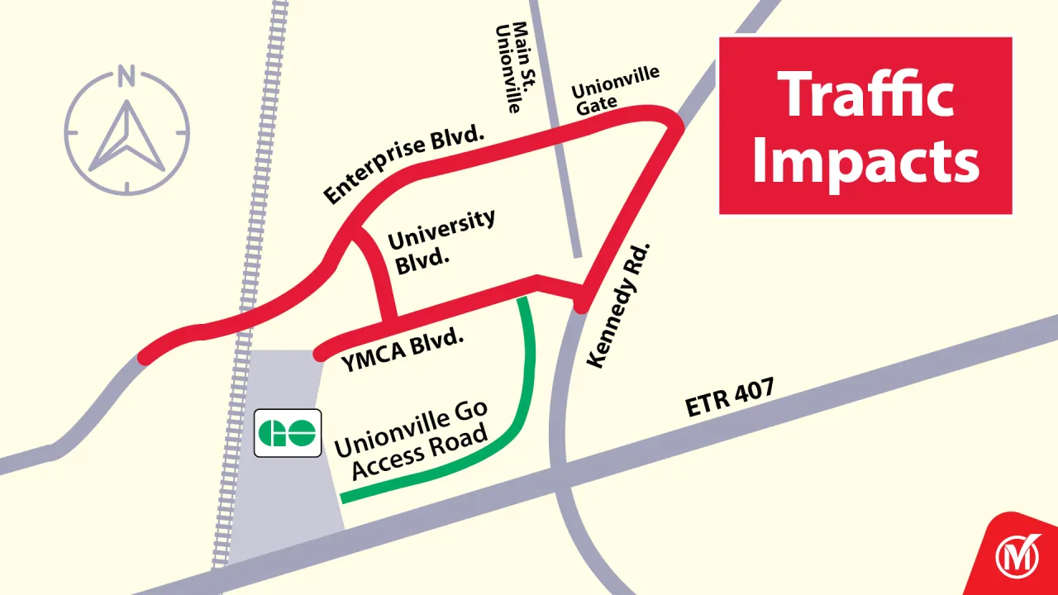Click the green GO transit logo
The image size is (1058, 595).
tap(287, 432)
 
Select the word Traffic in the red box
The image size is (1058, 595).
tap(865, 93)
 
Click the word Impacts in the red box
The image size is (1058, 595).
tap(865, 162)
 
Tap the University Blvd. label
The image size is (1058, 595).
tap(440, 240)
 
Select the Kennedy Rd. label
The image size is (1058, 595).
tap(618, 306)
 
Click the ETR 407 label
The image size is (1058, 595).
tap(730, 398)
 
